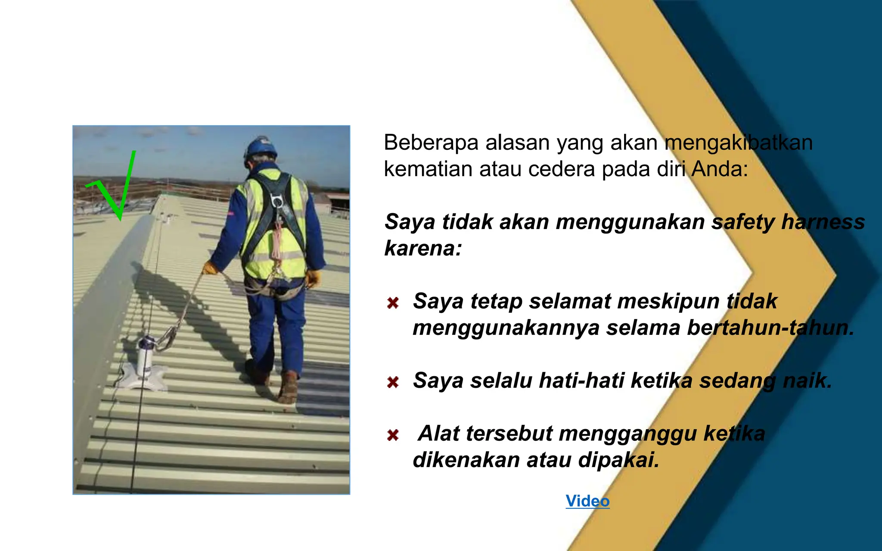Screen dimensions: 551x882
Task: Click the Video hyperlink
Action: pyautogui.click(x=587, y=501)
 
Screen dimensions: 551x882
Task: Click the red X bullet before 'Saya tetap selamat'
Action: pyautogui.click(x=393, y=303)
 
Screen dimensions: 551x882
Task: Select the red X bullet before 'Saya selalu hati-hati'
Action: pyautogui.click(x=393, y=382)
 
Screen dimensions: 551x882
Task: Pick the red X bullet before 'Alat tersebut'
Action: pyautogui.click(x=393, y=435)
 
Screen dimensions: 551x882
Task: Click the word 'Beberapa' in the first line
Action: pyautogui.click(x=431, y=142)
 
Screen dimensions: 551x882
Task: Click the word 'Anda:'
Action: pyautogui.click(x=720, y=169)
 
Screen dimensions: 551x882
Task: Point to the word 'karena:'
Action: pyautogui.click(x=423, y=248)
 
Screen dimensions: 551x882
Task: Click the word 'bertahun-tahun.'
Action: pyautogui.click(x=770, y=328)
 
